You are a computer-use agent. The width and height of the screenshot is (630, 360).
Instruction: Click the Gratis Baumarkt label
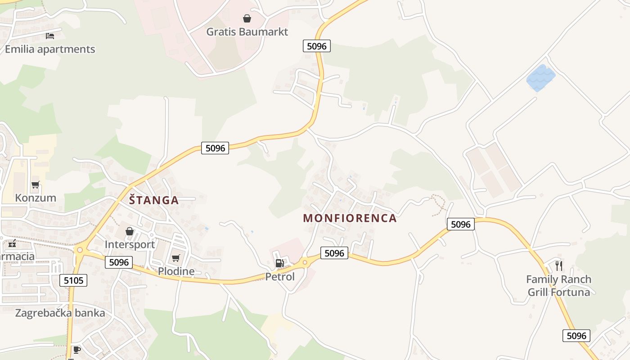(247, 32)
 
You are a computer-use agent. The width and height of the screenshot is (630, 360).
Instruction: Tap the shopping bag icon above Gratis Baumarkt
(247, 18)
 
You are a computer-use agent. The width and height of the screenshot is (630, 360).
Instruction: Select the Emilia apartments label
(50, 49)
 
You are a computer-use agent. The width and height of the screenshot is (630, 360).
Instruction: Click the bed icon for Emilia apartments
(50, 36)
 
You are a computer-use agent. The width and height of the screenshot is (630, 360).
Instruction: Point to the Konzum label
(36, 198)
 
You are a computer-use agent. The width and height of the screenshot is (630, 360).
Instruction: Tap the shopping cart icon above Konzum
(36, 184)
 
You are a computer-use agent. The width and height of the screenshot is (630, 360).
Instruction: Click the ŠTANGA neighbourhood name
(154, 200)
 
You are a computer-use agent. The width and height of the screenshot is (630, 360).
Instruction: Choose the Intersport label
(130, 244)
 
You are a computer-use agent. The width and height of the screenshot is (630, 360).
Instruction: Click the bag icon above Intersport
(130, 231)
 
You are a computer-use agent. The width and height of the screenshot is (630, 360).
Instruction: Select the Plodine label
(176, 271)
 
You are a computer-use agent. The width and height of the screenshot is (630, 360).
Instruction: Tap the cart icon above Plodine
(176, 258)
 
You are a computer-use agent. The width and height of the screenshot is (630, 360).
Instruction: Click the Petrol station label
(280, 277)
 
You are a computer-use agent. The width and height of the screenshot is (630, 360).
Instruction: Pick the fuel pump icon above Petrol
(279, 263)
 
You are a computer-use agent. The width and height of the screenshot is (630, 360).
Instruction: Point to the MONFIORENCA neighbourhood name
(350, 218)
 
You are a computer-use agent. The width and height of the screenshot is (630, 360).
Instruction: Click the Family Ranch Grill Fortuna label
(558, 286)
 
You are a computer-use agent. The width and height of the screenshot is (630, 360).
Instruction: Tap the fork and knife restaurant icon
(558, 265)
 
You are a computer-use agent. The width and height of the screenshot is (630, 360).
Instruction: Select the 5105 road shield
(73, 281)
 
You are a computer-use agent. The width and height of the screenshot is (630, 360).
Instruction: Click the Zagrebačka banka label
(60, 313)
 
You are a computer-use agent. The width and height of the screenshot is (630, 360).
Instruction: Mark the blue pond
(541, 78)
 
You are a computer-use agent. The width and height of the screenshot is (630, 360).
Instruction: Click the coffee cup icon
(77, 349)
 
